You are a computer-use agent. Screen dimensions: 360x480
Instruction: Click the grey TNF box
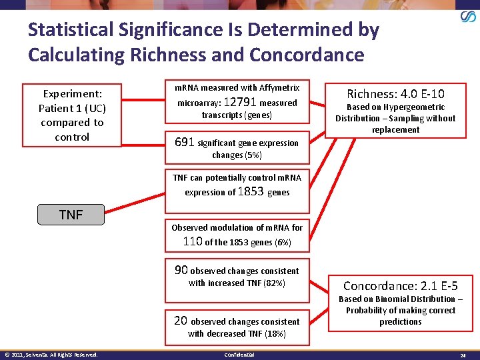pos(71,215)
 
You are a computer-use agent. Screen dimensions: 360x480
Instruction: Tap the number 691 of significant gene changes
pos(184,142)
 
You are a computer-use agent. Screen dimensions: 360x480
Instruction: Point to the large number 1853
pos(251,191)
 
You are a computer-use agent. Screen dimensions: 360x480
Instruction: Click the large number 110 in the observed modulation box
pos(193,241)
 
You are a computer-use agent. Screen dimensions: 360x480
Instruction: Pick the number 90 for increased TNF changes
pos(181,270)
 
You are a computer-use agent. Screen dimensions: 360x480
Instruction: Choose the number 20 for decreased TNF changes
pos(181,321)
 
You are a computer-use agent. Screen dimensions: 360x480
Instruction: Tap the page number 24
pos(462,355)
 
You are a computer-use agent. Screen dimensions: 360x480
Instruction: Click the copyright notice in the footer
pos(51,355)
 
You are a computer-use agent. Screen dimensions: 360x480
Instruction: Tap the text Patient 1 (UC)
pos(72,108)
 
